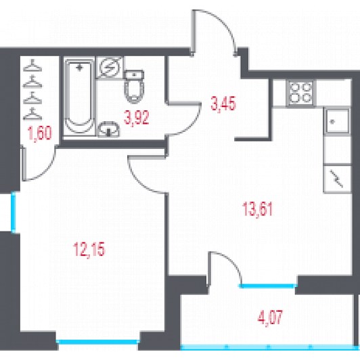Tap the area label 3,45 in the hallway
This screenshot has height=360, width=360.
223,104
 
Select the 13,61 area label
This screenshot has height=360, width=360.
257,209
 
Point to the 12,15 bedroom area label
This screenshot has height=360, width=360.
89,249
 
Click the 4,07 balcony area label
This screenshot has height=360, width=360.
270,317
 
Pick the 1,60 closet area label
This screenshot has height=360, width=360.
39,134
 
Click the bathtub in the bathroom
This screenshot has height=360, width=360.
79,97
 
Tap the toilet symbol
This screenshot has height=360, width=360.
134,87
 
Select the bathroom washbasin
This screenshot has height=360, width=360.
108,129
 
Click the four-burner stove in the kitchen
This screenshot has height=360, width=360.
300,93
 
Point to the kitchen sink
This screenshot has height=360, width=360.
337,121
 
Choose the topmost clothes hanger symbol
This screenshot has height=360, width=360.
32,65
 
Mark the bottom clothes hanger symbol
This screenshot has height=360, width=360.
32,114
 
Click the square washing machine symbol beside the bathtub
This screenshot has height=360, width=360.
110,68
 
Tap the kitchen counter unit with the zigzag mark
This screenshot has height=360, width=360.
337,178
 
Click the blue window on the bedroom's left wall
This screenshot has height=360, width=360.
14,212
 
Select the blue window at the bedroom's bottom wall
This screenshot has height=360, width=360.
98,342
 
